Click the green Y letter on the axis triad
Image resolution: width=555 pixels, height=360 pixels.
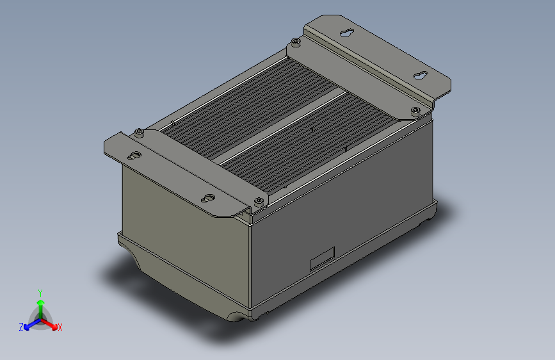(40, 292)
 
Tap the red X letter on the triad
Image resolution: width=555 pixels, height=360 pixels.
(60, 327)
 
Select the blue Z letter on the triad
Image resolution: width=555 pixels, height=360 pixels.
(21, 327)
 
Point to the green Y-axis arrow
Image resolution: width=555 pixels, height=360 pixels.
(40, 305)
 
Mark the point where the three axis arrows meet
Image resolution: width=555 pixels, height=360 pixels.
(40, 318)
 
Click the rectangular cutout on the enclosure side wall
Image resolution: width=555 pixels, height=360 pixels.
(322, 257)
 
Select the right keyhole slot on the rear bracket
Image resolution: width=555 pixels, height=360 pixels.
(421, 76)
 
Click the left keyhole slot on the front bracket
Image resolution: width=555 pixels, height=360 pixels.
(134, 156)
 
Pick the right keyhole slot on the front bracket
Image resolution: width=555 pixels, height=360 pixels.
(208, 199)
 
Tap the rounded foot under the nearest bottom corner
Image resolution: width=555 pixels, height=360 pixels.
(235, 316)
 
